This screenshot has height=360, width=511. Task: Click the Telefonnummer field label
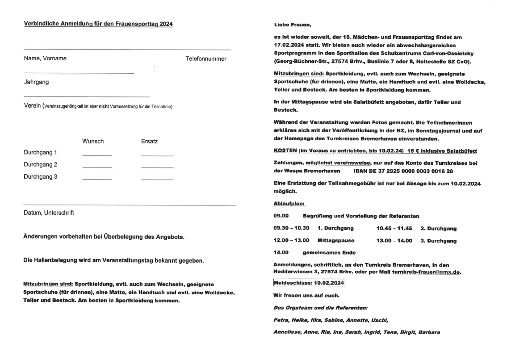click(205, 59)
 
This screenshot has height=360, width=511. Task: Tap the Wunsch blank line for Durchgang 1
click(97, 155)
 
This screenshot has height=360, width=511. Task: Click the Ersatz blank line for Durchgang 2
click(157, 167)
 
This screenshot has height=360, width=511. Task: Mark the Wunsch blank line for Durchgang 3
click(97, 179)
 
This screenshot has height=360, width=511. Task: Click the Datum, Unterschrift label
click(49, 213)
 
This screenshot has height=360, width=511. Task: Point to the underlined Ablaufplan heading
click(289, 204)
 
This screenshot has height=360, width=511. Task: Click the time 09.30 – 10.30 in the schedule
click(291, 228)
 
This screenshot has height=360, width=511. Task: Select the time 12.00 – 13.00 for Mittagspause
click(291, 240)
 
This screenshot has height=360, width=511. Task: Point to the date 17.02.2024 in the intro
click(291, 46)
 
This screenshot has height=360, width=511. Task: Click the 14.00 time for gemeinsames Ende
click(281, 252)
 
